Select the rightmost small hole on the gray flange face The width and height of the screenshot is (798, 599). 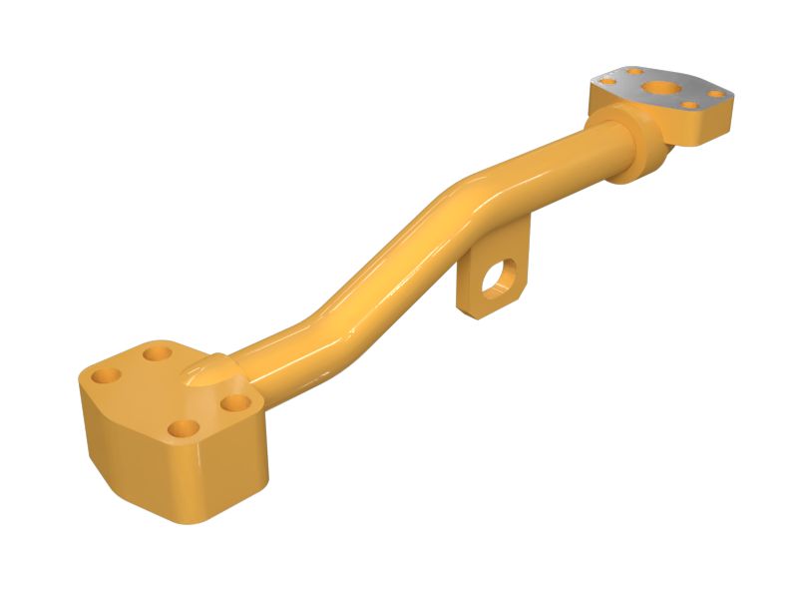(x=715, y=94)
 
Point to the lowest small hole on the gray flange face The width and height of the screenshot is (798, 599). (x=688, y=105)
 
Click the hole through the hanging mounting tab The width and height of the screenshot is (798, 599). (x=495, y=278)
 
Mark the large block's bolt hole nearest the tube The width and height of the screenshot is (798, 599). (x=235, y=403)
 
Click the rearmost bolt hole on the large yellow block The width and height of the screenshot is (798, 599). (x=157, y=351)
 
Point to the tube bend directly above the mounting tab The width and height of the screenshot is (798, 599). (x=469, y=195)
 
